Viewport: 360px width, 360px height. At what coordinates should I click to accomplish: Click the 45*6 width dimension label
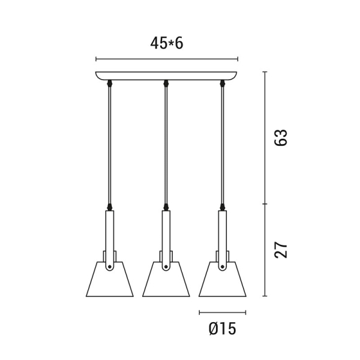pyautogui.click(x=167, y=43)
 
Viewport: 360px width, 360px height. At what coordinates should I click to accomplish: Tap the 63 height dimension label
pyautogui.click(x=281, y=137)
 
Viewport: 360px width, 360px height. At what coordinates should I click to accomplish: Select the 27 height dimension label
pyautogui.click(x=281, y=250)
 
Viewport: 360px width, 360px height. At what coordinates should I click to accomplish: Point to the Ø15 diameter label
pyautogui.click(x=222, y=328)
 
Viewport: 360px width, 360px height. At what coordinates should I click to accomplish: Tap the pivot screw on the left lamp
pyautogui.click(x=110, y=266)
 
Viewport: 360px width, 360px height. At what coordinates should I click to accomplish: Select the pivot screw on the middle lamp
pyautogui.click(x=166, y=266)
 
